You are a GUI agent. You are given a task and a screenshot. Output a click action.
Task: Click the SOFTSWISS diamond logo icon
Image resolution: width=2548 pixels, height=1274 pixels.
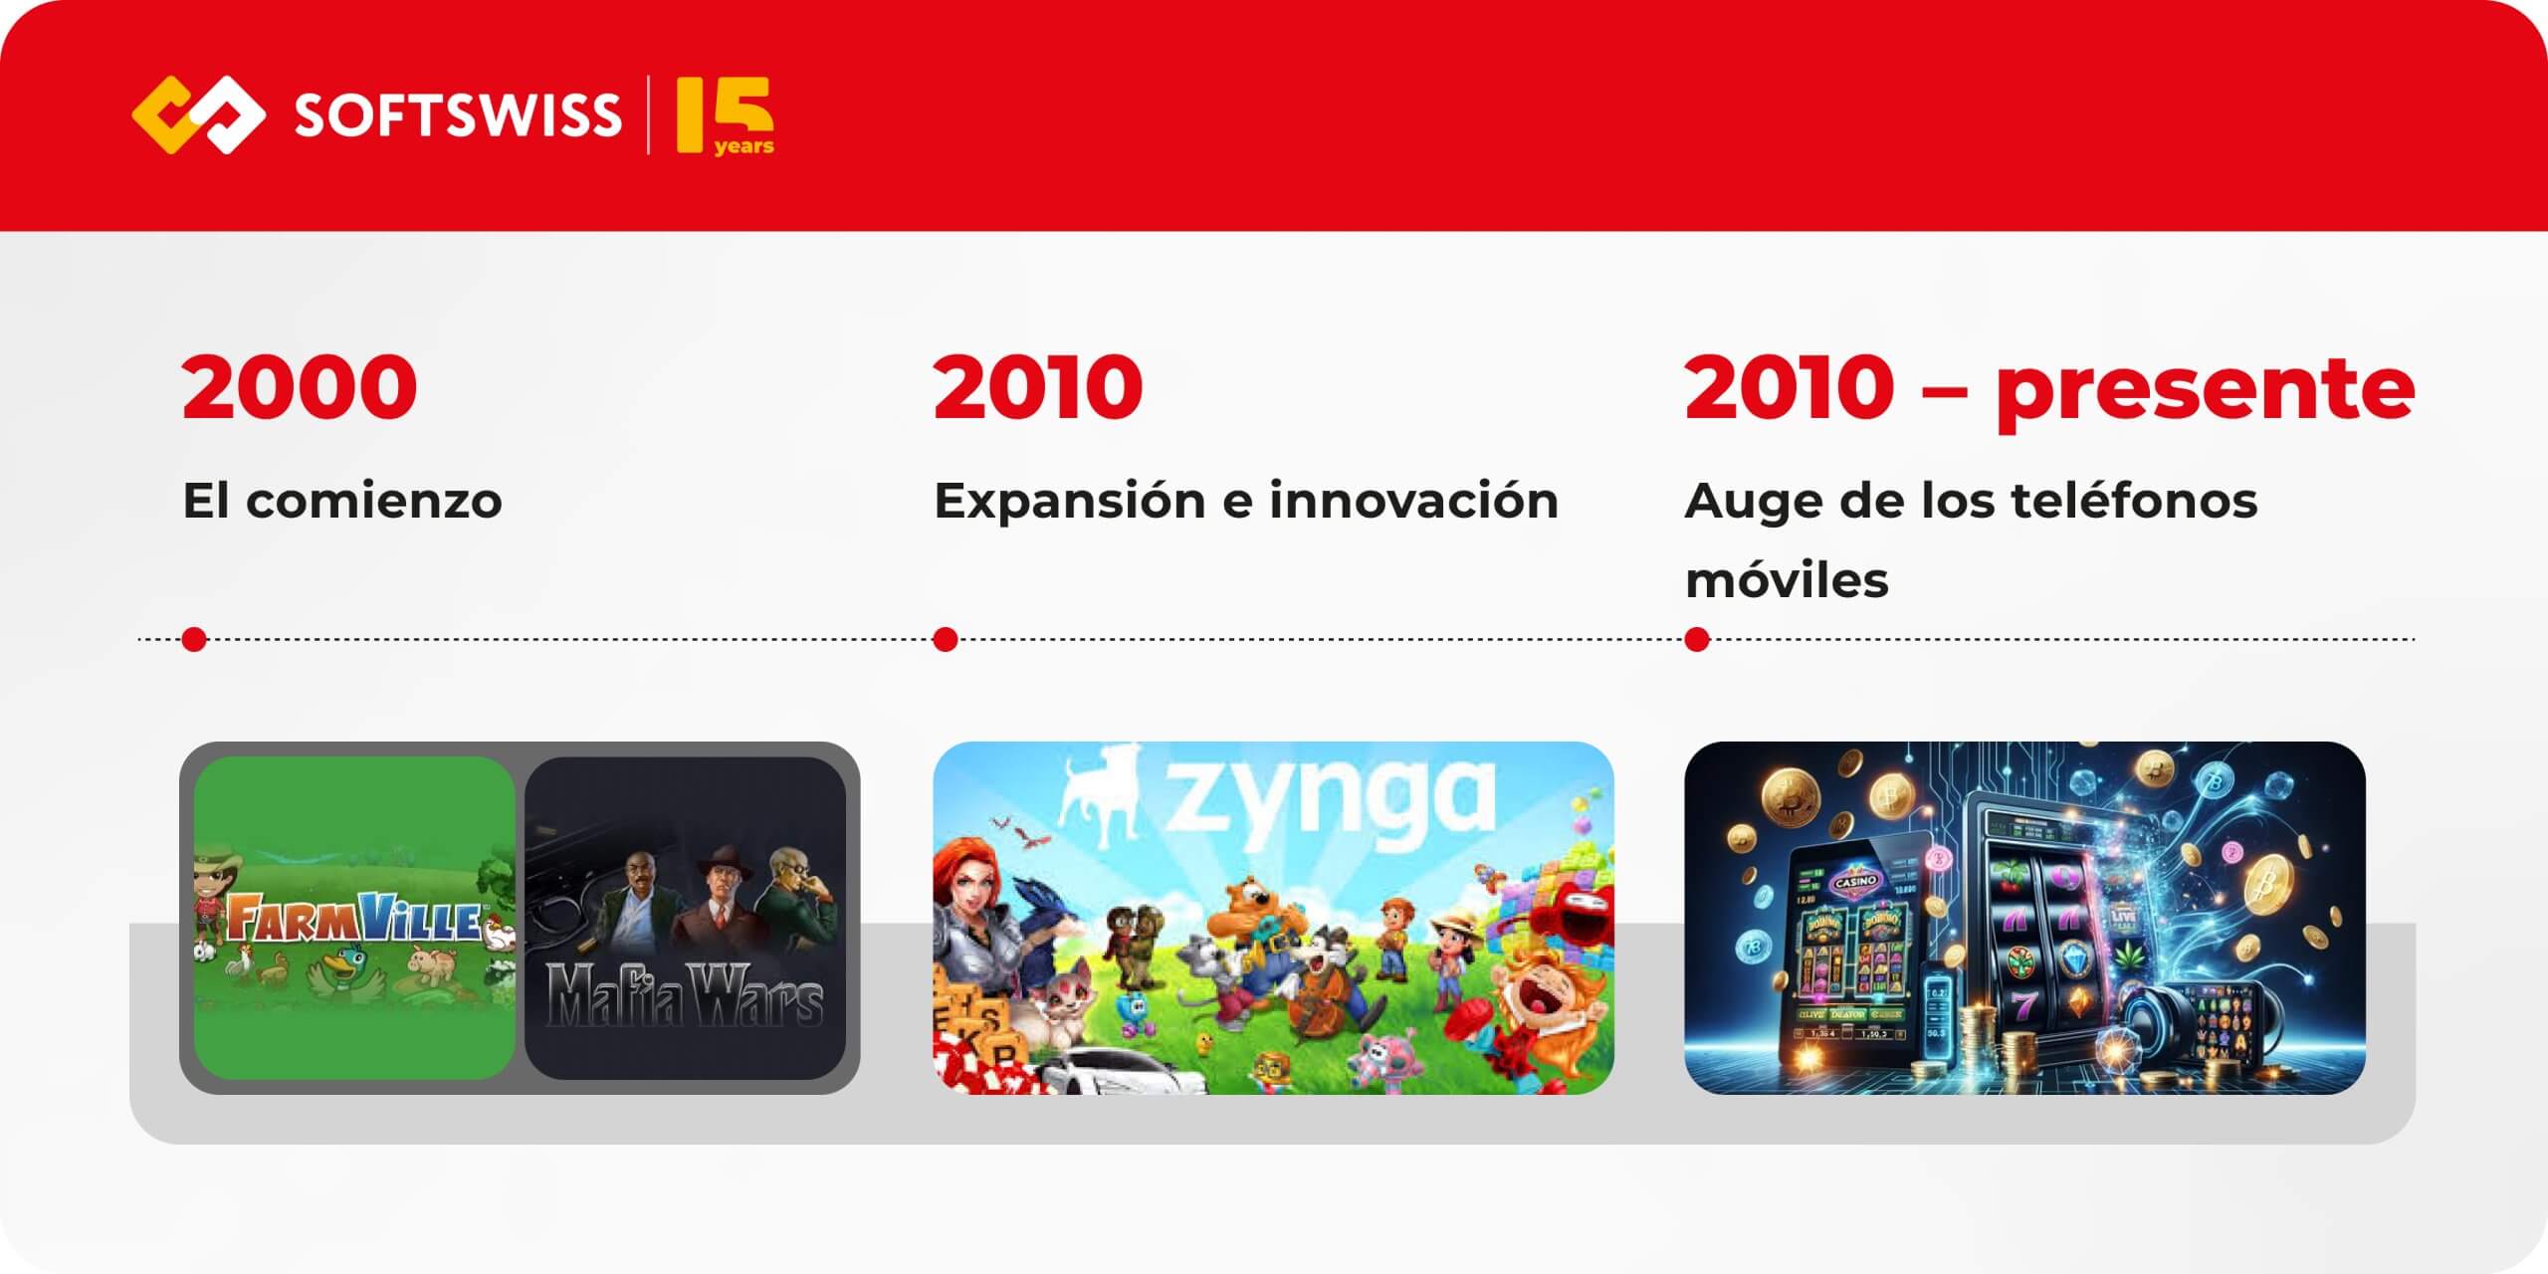click(198, 114)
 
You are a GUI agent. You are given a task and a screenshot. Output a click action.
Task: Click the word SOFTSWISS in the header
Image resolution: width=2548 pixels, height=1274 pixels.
click(457, 115)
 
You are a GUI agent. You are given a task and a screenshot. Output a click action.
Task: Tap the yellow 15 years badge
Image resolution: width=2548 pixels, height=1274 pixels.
click(725, 116)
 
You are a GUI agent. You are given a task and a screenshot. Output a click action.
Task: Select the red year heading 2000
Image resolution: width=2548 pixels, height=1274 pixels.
click(299, 387)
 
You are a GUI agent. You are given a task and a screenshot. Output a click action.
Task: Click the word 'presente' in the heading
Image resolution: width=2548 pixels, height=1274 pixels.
click(2205, 389)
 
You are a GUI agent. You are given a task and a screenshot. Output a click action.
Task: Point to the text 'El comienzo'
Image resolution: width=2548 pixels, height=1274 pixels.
click(342, 501)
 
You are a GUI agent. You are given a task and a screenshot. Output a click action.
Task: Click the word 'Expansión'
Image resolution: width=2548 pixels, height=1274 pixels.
click(1069, 502)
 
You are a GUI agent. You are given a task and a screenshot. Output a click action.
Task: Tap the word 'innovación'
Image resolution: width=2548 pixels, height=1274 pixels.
click(1413, 501)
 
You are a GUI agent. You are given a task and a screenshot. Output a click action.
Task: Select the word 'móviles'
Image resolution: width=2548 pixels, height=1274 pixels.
click(1787, 580)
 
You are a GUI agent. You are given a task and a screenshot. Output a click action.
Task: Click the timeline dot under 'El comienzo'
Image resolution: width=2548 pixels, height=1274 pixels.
click(195, 639)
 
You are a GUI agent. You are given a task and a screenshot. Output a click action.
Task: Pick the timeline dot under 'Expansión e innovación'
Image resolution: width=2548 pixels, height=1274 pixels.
click(946, 639)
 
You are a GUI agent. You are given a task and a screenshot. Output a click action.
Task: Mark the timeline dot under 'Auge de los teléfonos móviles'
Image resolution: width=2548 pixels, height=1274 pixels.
click(1697, 639)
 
